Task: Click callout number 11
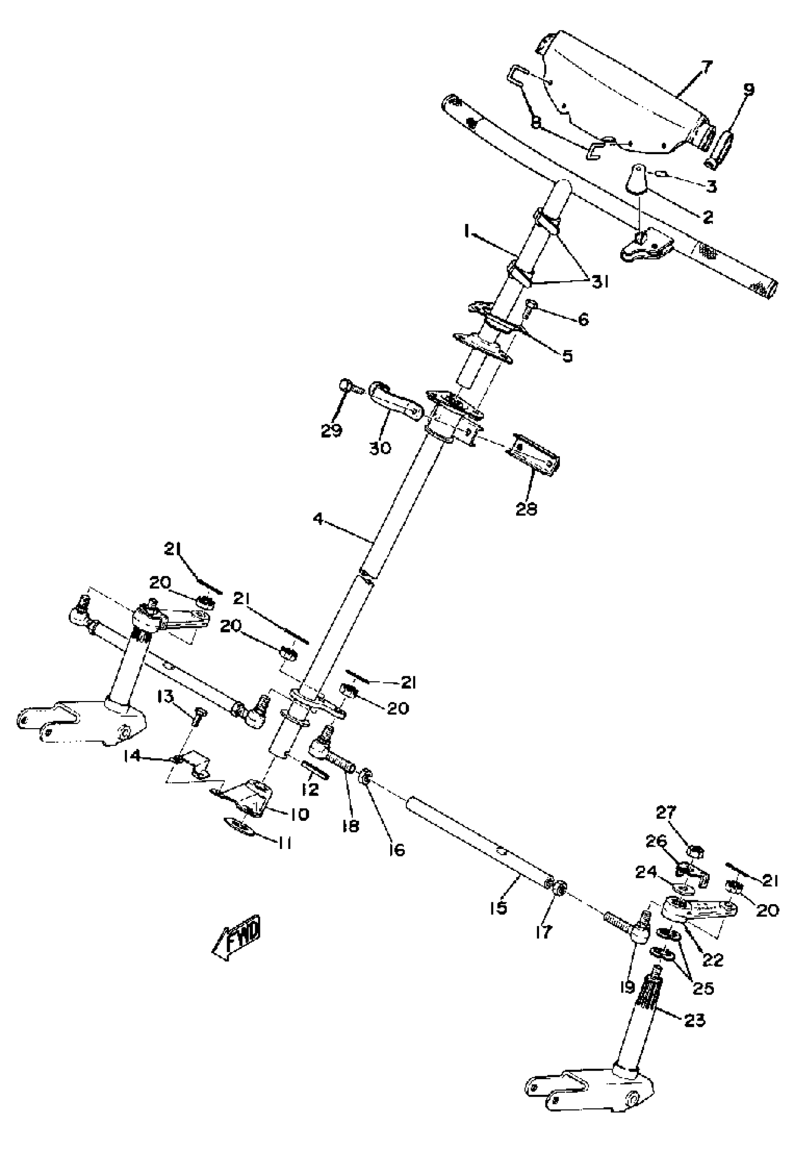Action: pyautogui.click(x=284, y=843)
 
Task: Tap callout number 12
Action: pyautogui.click(x=310, y=789)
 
